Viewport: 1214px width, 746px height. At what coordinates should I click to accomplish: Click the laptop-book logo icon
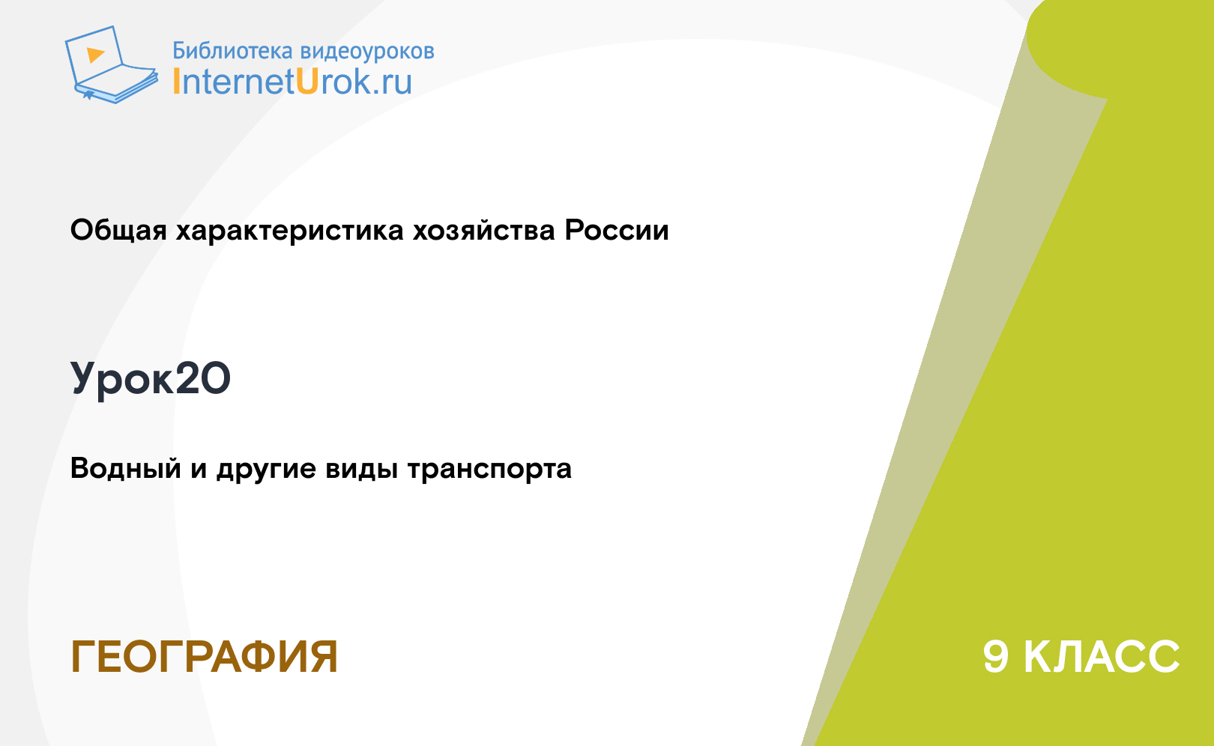pyautogui.click(x=111, y=64)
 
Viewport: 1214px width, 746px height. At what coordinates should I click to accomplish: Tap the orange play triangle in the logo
pyautogui.click(x=95, y=55)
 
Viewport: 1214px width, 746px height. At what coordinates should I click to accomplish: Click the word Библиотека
pyautogui.click(x=232, y=50)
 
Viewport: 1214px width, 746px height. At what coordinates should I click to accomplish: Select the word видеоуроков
pyautogui.click(x=367, y=52)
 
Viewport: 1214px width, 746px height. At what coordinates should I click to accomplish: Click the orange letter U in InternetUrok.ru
pyautogui.click(x=306, y=82)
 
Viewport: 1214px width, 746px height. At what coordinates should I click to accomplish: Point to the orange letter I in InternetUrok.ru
pyautogui.click(x=175, y=82)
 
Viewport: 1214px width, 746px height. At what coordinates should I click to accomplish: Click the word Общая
pyautogui.click(x=118, y=230)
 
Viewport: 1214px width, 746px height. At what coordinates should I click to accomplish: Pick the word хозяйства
pyautogui.click(x=484, y=231)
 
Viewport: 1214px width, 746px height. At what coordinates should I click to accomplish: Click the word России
pyautogui.click(x=617, y=230)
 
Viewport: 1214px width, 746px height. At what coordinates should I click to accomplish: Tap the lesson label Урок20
pyautogui.click(x=151, y=379)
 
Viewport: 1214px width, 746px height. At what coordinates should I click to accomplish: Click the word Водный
pyautogui.click(x=126, y=468)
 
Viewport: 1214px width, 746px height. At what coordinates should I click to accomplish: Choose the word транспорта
pyautogui.click(x=489, y=469)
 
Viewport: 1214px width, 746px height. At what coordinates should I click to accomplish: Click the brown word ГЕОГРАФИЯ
pyautogui.click(x=205, y=657)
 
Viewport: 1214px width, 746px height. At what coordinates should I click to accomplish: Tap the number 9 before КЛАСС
pyautogui.click(x=996, y=657)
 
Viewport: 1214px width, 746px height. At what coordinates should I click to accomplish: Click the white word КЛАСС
pyautogui.click(x=1102, y=657)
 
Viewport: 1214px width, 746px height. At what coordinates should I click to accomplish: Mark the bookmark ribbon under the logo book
pyautogui.click(x=88, y=95)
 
